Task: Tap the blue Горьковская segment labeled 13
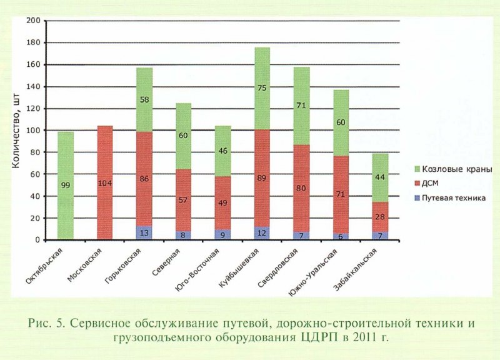click(145, 232)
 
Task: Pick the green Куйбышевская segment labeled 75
click(262, 87)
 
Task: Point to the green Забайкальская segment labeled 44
click(380, 177)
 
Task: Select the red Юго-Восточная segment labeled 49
click(223, 202)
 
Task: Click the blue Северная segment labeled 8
click(184, 236)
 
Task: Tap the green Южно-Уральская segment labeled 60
click(341, 122)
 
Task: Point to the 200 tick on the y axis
click(34, 22)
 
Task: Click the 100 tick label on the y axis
click(34, 131)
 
